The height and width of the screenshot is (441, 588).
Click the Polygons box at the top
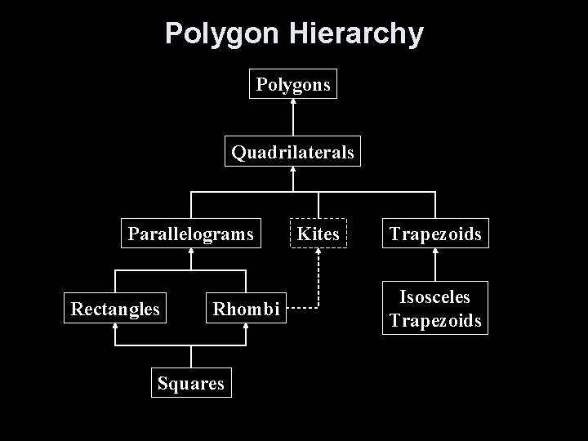tap(293, 83)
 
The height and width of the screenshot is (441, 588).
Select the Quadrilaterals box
tap(292, 152)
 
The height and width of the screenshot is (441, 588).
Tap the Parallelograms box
tap(190, 234)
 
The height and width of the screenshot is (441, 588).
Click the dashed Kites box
tap(318, 234)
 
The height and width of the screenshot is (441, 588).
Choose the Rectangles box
tap(115, 309)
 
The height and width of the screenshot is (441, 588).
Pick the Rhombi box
tap(246, 309)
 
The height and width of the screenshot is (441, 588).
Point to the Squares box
tap(191, 383)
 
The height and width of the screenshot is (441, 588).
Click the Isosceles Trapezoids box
tap(435, 308)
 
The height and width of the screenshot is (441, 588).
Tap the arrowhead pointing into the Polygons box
tap(293, 102)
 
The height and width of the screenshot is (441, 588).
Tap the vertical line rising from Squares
tap(191, 356)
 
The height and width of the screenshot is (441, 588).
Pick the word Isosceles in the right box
tap(435, 297)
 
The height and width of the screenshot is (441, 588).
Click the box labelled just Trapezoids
tap(435, 234)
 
